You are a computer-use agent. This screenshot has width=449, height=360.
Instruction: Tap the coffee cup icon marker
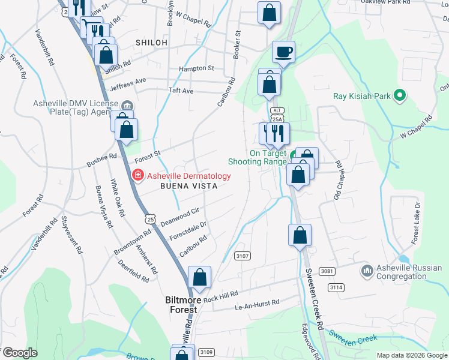pos(283,52)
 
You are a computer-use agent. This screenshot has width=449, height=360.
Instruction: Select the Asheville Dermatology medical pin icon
pos(137,176)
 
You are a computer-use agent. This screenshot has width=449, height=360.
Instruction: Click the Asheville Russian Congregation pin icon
pos(367,272)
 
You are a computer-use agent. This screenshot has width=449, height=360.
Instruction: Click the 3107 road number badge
pos(243,256)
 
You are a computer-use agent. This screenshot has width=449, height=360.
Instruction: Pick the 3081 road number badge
pos(327,271)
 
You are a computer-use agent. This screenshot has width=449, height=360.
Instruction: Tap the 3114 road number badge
pos(336,288)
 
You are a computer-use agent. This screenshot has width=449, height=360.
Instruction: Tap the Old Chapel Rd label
pos(337,180)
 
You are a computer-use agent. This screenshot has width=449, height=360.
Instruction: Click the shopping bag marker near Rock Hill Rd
pos(199,277)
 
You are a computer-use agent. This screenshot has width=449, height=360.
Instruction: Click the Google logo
pos(20,353)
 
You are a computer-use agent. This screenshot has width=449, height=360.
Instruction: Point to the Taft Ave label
pos(181,91)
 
